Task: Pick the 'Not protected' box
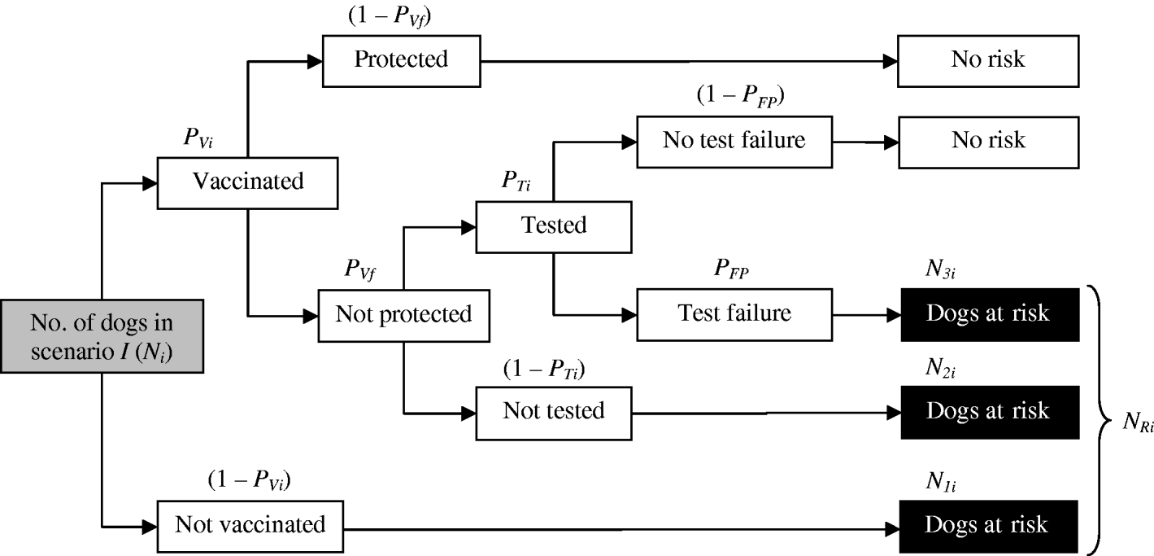(x=403, y=313)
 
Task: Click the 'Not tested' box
(x=553, y=410)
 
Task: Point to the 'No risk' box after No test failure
(x=988, y=140)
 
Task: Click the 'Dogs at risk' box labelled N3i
(x=988, y=313)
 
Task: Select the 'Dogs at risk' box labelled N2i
(x=988, y=410)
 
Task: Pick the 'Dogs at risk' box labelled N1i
(x=988, y=523)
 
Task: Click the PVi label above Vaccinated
(x=198, y=136)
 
